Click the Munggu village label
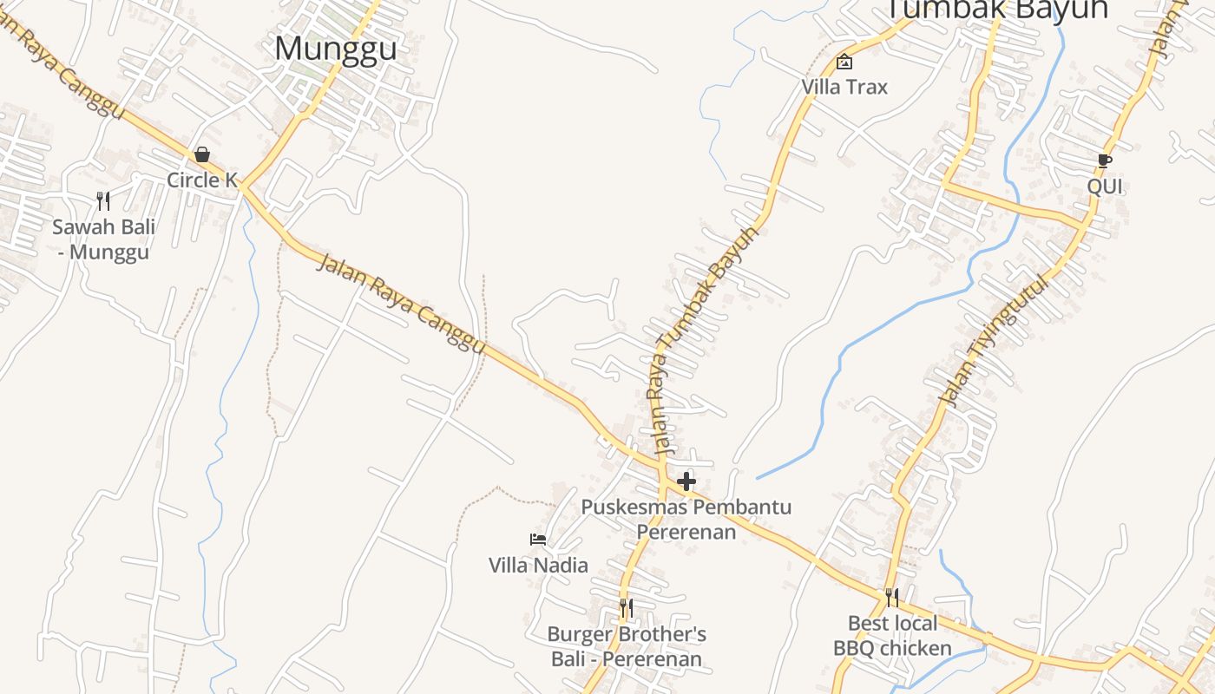336,48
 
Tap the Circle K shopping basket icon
202,154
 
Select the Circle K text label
202,180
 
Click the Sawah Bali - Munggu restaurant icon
103,201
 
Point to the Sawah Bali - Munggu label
103,239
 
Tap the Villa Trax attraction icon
844,62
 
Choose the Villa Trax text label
844,87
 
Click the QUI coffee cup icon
1104,161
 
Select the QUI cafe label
1105,187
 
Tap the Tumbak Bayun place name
996,9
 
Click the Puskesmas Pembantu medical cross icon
686,481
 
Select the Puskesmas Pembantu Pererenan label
686,519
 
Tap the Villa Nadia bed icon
538,540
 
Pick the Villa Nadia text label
538,566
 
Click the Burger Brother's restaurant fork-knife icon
626,608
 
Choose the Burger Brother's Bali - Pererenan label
627,646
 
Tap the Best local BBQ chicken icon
891,598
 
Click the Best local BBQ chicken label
892,636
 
